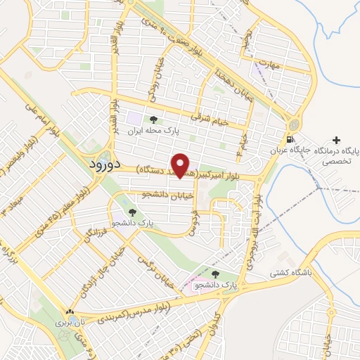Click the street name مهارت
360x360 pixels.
269,65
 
